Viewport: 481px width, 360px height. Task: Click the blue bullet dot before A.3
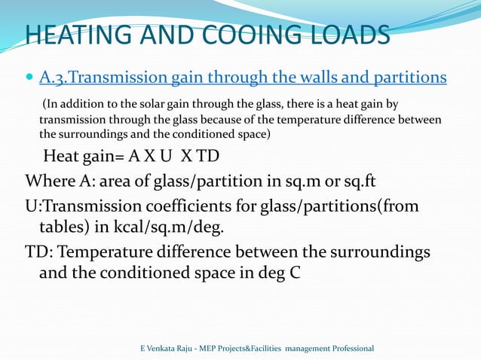(x=29, y=77)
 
